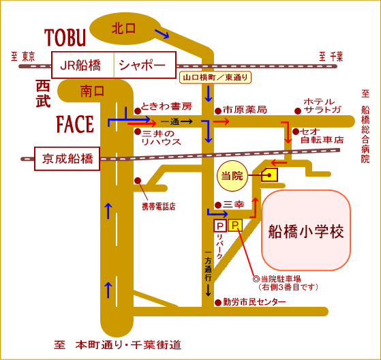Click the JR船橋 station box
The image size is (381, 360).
[83, 65]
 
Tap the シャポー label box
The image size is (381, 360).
[145, 65]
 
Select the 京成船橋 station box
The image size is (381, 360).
[67, 159]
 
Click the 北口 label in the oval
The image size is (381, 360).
[123, 29]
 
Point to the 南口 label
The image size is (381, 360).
[92, 91]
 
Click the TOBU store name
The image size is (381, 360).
[65, 37]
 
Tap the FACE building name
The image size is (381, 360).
[75, 124]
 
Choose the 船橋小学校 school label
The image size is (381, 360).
[306, 231]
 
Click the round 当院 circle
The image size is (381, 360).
[232, 176]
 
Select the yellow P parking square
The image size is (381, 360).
[235, 225]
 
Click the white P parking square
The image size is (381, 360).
[220, 225]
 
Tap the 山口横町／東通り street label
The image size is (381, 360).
[215, 78]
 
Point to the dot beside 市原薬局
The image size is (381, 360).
[218, 111]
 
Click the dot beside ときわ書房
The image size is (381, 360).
[138, 111]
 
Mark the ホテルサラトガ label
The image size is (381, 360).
[322, 106]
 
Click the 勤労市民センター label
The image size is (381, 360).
[254, 302]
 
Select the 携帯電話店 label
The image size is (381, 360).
[159, 207]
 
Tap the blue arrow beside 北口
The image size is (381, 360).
[162, 33]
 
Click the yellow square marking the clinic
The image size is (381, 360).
[269, 175]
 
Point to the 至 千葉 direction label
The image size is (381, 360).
[331, 57]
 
